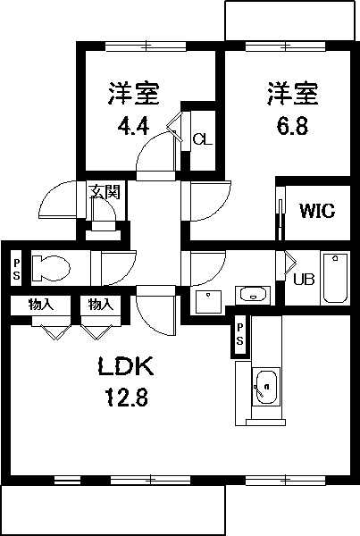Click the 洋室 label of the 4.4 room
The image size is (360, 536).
point(134,92)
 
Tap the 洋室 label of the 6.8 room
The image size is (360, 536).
point(291,92)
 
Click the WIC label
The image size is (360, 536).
point(316,212)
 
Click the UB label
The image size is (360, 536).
point(304,279)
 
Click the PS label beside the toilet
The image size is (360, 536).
point(16,268)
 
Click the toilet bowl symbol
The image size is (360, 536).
point(50,267)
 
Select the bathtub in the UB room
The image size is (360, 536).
point(336,277)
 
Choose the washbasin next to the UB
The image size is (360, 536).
point(254,294)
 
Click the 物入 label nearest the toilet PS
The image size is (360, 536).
point(40,305)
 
